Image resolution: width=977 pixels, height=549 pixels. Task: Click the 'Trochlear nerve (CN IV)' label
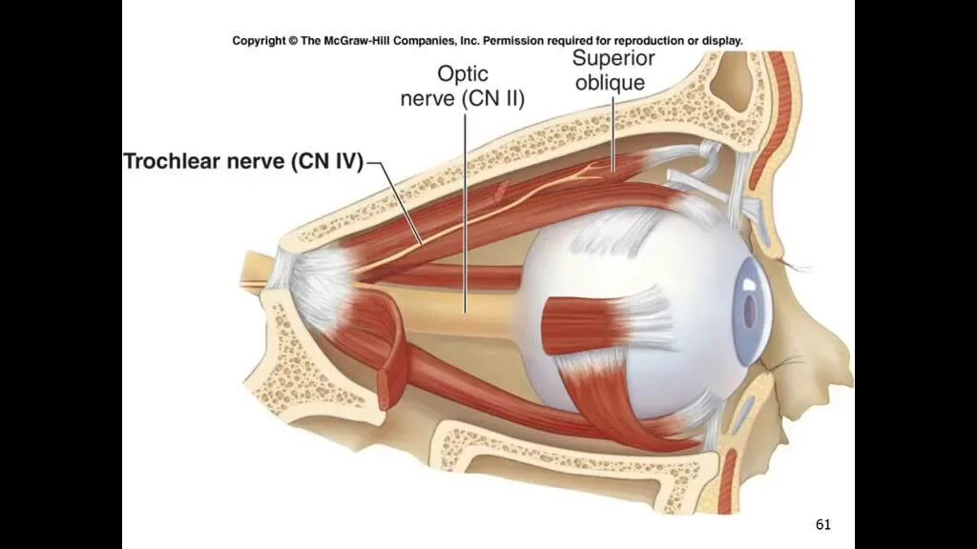243,162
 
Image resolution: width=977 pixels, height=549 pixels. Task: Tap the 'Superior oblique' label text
609,71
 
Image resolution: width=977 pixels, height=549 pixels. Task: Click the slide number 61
823,524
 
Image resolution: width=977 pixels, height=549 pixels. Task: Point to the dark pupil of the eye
749,310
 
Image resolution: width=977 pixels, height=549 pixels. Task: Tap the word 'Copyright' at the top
260,41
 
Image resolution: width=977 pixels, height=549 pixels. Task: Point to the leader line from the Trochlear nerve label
401,205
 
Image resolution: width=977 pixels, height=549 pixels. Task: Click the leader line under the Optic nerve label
466,210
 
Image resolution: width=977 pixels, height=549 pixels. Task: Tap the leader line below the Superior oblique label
612,133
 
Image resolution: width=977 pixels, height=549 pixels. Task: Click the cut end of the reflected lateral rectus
390,385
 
